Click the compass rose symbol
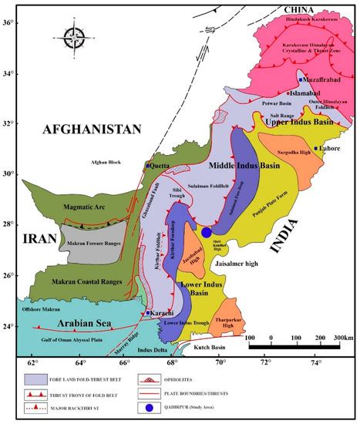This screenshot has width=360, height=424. pos(74,35)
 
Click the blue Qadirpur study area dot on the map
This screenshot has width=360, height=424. pos(207,232)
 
